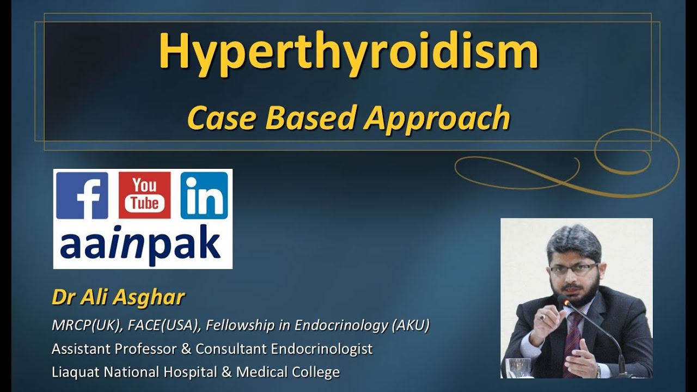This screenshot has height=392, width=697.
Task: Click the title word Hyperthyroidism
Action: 348,52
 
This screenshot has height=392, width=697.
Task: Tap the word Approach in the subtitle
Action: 437,118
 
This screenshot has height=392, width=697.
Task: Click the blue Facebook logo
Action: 82,195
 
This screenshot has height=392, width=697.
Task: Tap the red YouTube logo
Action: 144,195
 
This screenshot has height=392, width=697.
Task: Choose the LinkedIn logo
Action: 204,195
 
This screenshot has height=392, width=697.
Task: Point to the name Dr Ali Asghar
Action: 118,298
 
